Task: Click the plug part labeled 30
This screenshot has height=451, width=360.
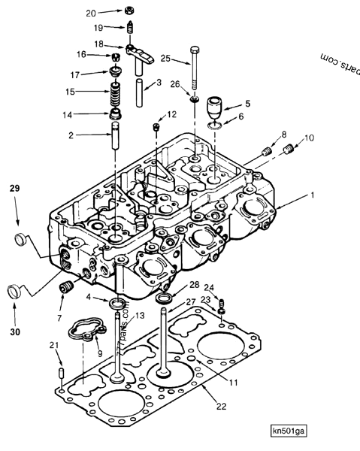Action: pyautogui.click(x=14, y=291)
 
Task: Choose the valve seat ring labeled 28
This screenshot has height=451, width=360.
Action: pyautogui.click(x=163, y=300)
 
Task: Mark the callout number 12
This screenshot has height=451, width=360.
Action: pyautogui.click(x=172, y=115)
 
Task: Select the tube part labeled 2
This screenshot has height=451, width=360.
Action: pyautogui.click(x=117, y=138)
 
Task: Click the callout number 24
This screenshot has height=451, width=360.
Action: pyautogui.click(x=209, y=287)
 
